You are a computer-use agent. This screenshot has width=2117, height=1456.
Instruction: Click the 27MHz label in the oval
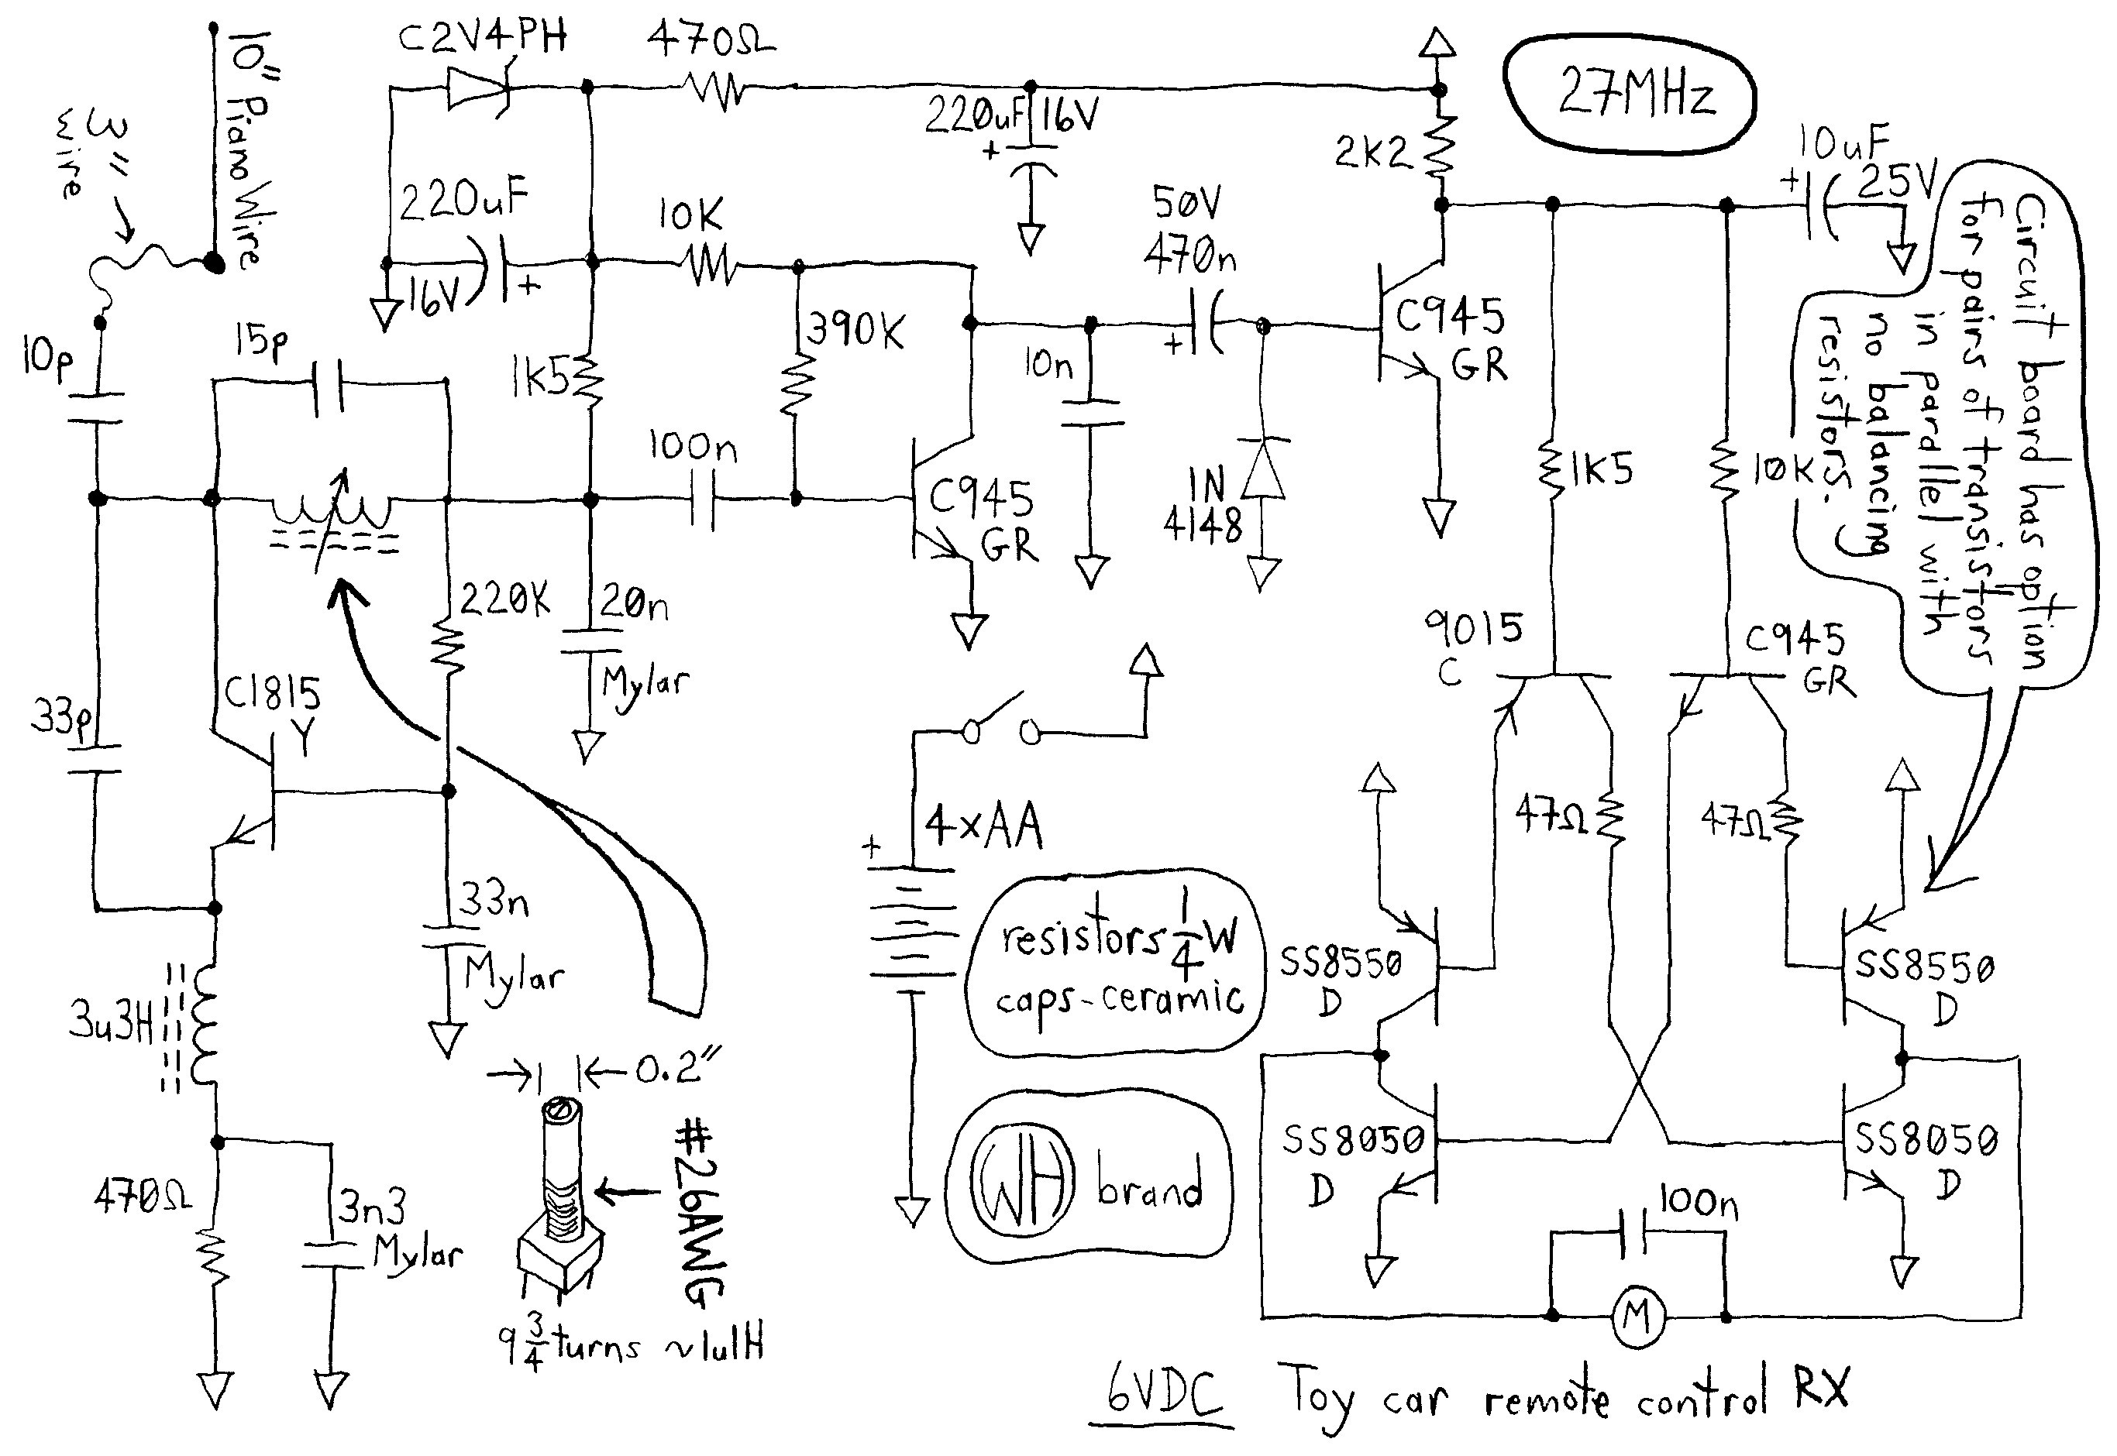pos(1635,93)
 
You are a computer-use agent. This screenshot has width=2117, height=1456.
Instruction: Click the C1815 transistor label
pos(272,695)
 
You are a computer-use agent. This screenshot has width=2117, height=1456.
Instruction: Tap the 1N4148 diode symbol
pos(1263,467)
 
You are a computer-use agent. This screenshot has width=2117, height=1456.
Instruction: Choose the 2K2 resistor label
pos(1372,153)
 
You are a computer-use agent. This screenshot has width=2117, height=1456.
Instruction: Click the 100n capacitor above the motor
pos(1634,1235)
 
